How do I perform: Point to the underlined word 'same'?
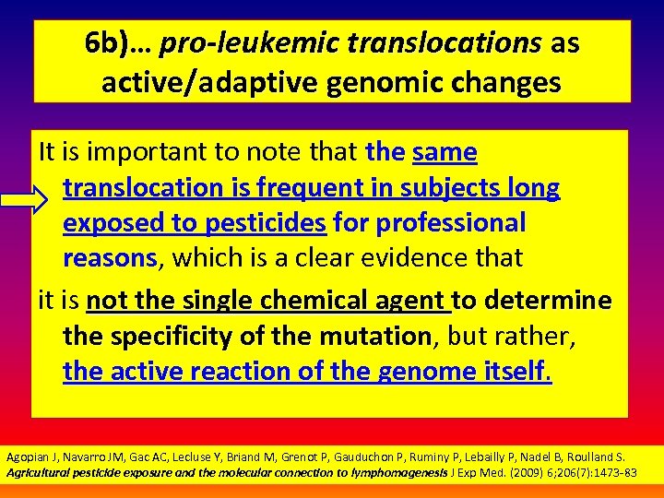point(445,151)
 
